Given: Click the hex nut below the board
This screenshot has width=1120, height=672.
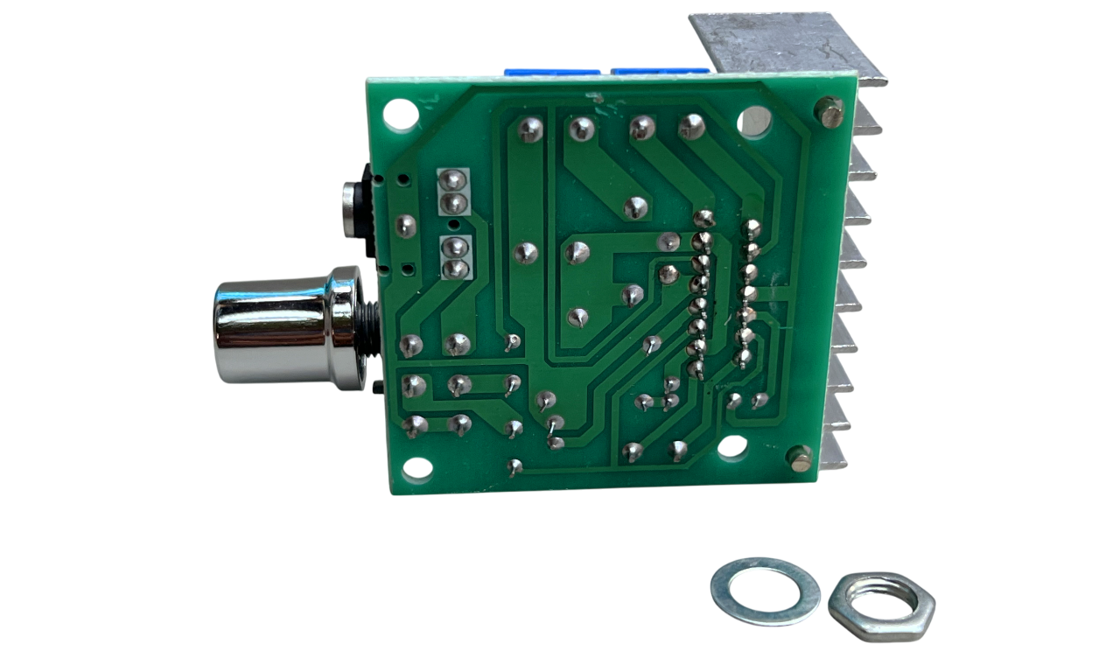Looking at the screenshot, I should click(x=881, y=606).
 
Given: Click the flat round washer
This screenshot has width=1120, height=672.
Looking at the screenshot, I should click(x=765, y=591).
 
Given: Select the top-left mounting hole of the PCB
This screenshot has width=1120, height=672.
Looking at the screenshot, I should click(x=399, y=113).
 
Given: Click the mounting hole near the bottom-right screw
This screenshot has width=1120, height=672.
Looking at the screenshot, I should click(x=732, y=447).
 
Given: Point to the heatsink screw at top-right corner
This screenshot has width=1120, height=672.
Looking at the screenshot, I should click(x=828, y=112).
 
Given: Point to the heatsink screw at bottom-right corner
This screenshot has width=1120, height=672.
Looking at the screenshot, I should click(x=799, y=458).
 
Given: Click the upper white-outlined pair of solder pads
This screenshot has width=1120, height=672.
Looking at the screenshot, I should click(x=452, y=192).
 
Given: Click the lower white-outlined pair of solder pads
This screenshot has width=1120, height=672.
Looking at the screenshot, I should click(x=454, y=258).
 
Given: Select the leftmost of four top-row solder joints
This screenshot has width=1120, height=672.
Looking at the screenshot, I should click(x=530, y=129).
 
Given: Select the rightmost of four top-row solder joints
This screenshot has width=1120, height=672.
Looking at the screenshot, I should click(x=691, y=127).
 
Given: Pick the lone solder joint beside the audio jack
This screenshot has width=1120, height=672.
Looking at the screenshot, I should click(x=405, y=226).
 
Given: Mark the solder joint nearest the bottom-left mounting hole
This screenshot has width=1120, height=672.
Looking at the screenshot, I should click(x=414, y=425).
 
